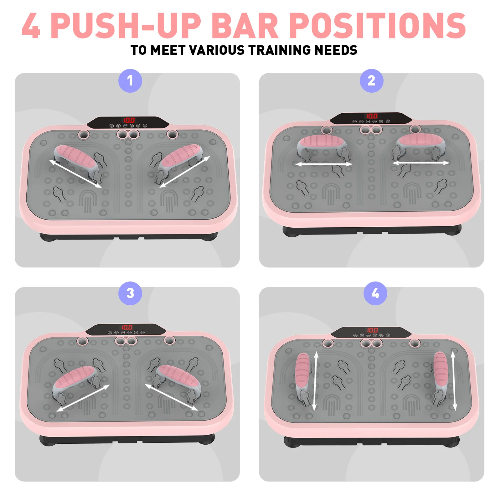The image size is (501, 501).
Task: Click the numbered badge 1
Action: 130,81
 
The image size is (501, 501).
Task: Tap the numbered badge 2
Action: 371,81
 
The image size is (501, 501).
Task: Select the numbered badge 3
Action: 130,293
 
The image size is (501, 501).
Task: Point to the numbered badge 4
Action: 375,293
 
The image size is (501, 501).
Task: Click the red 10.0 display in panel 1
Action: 128,120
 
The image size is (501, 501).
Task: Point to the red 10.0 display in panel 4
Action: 372,330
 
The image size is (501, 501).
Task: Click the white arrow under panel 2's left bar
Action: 324,164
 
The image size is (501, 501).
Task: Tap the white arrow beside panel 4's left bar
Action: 316,381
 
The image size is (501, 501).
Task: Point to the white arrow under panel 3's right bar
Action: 171,397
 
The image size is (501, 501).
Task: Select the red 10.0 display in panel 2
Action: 372,116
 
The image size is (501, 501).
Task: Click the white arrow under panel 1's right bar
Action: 184,172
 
